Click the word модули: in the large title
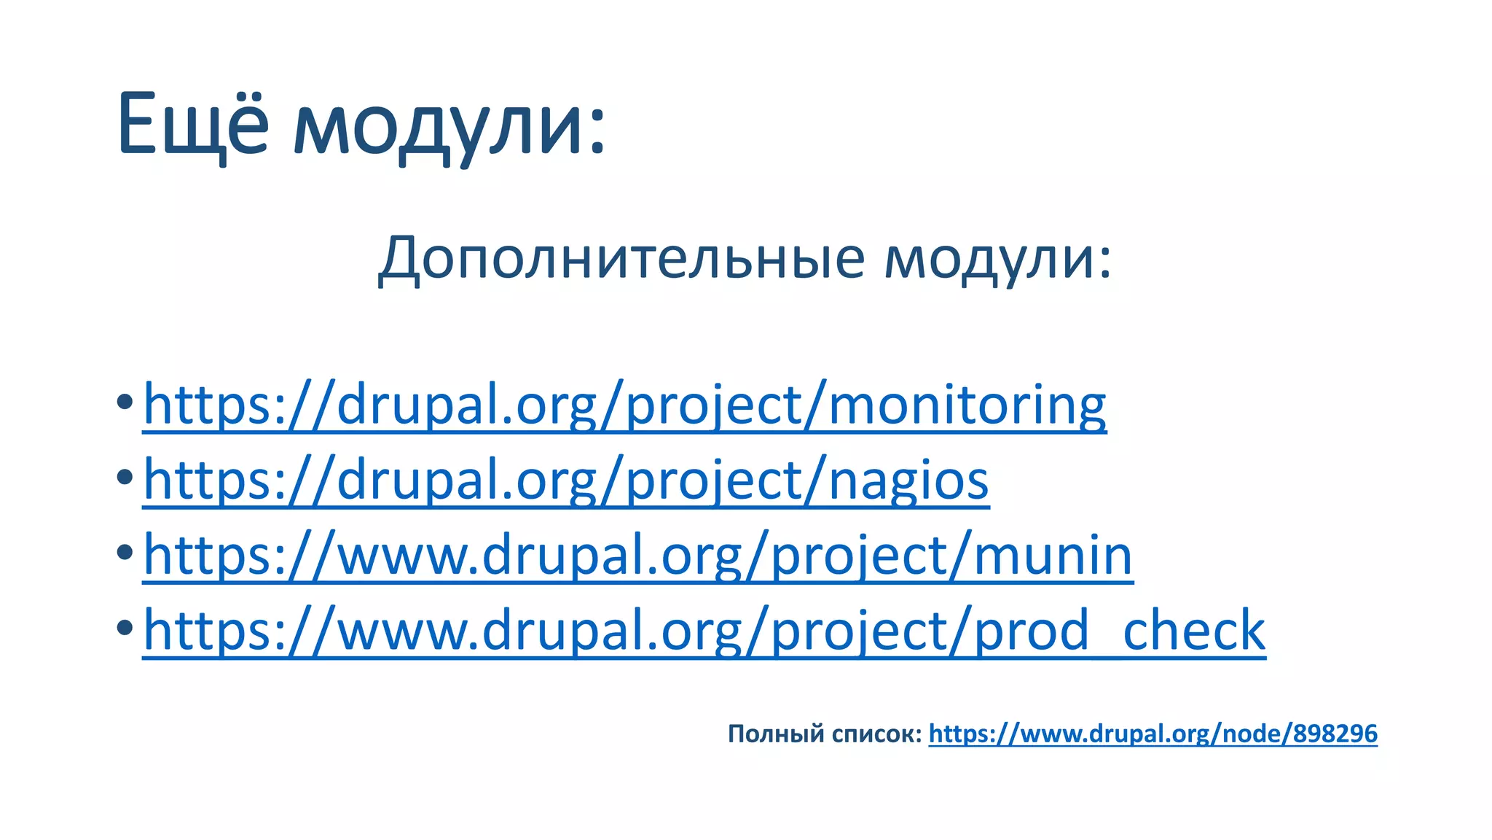pos(449,128)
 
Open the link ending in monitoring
pos(624,405)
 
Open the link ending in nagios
pos(566,481)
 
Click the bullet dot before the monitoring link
pos(125,401)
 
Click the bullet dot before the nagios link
pos(125,477)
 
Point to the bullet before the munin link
pos(125,552)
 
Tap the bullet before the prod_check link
pos(125,627)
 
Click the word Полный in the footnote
pos(775,734)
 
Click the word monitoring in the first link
pos(967,405)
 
